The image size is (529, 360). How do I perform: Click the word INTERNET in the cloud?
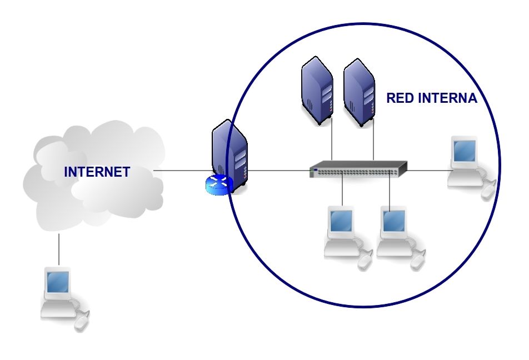[x=97, y=172]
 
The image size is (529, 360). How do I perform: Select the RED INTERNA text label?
[x=432, y=99]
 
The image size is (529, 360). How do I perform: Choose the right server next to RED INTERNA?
[x=359, y=94]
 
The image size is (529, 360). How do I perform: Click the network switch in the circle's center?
[x=358, y=169]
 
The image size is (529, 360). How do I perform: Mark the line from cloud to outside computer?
[x=58, y=250]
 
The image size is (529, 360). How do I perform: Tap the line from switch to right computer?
[x=428, y=169]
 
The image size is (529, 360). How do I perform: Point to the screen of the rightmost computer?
[x=464, y=150]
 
